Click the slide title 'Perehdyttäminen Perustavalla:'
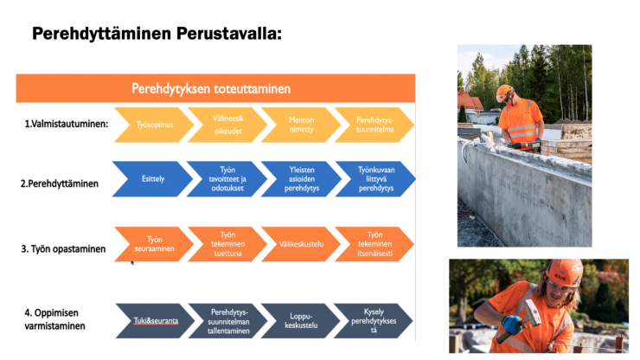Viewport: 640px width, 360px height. point(157,34)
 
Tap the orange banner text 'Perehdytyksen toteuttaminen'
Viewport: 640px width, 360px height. point(211,88)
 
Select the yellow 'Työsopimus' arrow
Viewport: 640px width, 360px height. point(154,125)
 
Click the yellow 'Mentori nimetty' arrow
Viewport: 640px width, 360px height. point(301,125)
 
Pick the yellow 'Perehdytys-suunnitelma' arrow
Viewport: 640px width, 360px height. point(374,125)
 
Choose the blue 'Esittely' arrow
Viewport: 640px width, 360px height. point(153,179)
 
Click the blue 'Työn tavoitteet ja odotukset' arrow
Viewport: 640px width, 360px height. point(227,179)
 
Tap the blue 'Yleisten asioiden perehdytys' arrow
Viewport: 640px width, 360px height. point(302,179)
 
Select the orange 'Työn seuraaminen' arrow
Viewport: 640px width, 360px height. point(154,244)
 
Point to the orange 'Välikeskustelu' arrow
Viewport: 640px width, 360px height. point(301,244)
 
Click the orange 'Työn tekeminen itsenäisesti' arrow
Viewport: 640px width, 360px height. point(374,244)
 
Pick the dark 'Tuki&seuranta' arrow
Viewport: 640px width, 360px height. point(156,321)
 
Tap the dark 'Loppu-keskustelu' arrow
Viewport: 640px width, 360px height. point(301,321)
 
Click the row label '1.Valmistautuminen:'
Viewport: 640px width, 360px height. point(67,124)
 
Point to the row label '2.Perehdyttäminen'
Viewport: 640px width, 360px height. point(60,183)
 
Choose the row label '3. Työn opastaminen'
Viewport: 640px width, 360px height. point(63,249)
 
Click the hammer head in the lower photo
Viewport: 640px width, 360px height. point(532,312)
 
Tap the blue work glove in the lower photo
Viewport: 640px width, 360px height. point(511,324)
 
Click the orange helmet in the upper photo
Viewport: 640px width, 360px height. point(504,93)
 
